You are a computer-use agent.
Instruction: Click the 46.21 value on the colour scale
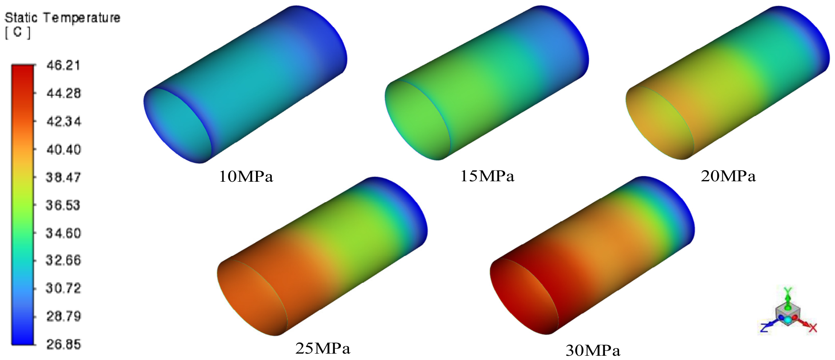pos(63,65)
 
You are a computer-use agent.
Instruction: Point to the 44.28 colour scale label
pos(63,93)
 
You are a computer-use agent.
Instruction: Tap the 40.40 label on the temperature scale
pos(63,149)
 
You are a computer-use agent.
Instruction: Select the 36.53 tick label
pos(63,205)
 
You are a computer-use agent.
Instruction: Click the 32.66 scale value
pos(63,260)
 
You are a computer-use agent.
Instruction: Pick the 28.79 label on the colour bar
pos(63,316)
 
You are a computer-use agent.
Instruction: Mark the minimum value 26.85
pos(63,344)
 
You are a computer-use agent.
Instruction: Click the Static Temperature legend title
pos(62,18)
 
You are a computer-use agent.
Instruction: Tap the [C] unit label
pos(18,32)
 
